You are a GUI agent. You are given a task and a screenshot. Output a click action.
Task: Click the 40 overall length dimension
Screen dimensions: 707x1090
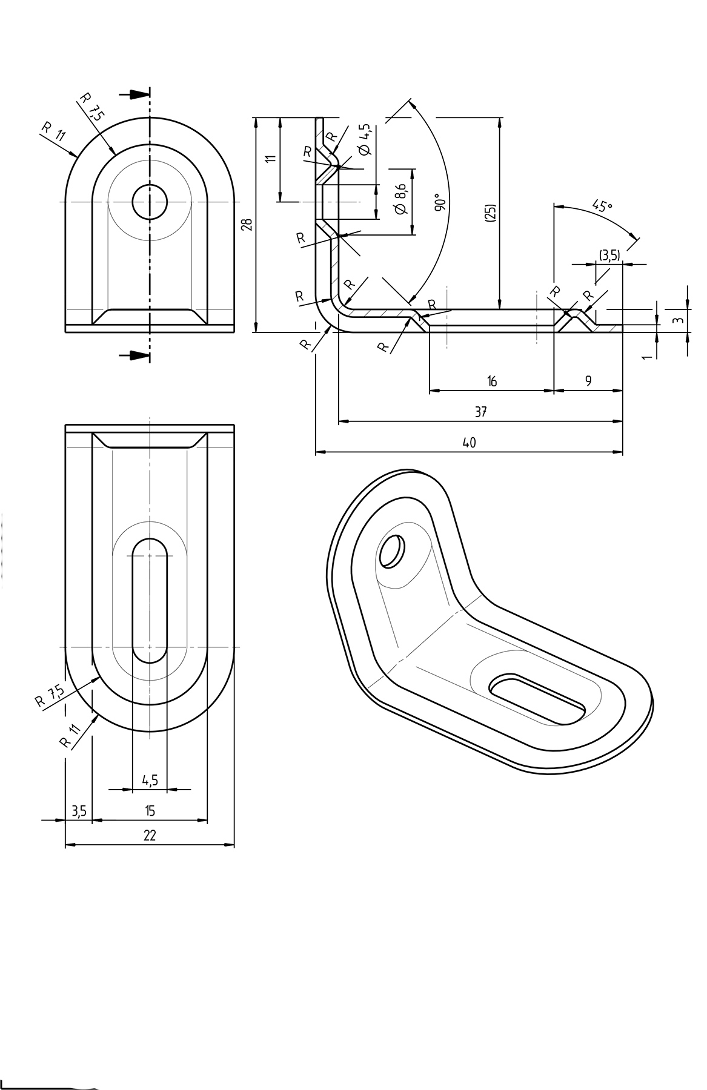click(x=469, y=443)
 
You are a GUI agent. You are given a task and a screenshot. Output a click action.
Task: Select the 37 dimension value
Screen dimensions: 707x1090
click(x=480, y=412)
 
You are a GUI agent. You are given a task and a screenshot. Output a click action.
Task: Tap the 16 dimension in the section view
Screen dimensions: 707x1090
click(x=492, y=381)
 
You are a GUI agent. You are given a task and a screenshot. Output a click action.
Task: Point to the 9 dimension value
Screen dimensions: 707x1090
click(x=588, y=381)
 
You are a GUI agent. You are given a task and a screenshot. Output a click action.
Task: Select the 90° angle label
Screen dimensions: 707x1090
click(x=440, y=203)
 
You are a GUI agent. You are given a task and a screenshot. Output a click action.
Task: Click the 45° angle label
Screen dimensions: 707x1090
click(x=602, y=205)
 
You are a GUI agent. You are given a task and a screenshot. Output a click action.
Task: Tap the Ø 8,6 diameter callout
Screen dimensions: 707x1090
click(x=400, y=199)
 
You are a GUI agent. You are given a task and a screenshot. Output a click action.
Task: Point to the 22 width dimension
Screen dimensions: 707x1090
click(x=150, y=835)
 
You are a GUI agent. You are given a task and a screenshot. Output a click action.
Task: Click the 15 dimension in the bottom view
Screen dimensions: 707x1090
click(x=150, y=810)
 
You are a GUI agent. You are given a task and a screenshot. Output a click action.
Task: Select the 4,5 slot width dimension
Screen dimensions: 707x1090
click(x=150, y=780)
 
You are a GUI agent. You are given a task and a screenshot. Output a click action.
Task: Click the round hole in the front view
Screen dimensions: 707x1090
click(x=150, y=202)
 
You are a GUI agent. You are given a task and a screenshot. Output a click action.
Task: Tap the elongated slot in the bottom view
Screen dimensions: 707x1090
click(x=150, y=599)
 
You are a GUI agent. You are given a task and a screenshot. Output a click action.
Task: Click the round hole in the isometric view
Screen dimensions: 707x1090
click(x=391, y=550)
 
